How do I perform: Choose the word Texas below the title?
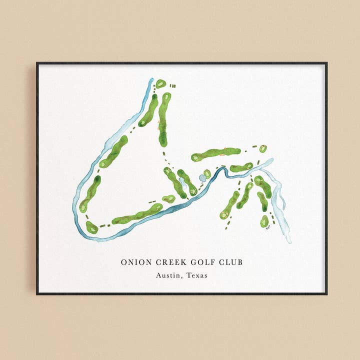point(197,275)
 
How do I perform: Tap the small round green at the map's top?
point(160,83)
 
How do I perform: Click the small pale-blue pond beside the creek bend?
point(202,178)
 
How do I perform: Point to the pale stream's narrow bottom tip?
point(289,240)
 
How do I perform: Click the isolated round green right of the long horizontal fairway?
point(263,148)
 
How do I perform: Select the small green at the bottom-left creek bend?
point(91,228)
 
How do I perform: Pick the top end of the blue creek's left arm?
point(151,79)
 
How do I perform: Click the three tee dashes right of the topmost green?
point(173,85)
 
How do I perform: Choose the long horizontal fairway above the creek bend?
point(216,154)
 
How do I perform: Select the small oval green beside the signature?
point(264,220)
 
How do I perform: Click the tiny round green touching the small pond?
point(207,174)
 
